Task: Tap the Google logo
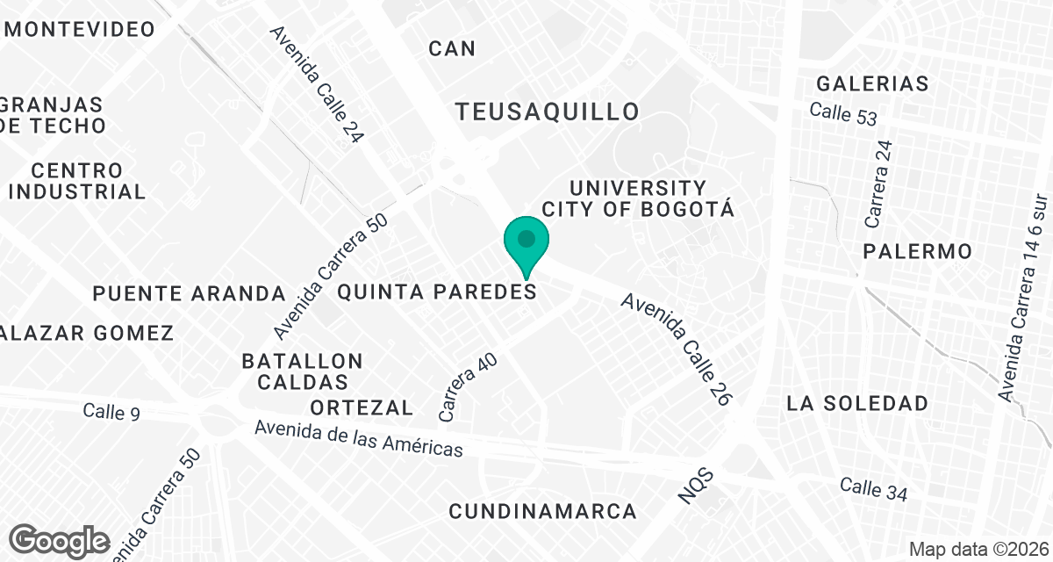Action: (60, 540)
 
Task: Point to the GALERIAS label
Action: (872, 83)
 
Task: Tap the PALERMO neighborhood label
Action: (917, 251)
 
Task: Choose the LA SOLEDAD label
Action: (857, 403)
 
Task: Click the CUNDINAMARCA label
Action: (542, 510)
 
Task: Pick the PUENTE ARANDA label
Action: (190, 293)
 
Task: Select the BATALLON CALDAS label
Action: (302, 371)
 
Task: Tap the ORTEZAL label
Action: (362, 407)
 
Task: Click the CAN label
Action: (452, 48)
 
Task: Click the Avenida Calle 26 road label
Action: (677, 348)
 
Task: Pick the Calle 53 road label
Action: (843, 113)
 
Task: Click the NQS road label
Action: (698, 486)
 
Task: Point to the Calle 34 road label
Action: (873, 489)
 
